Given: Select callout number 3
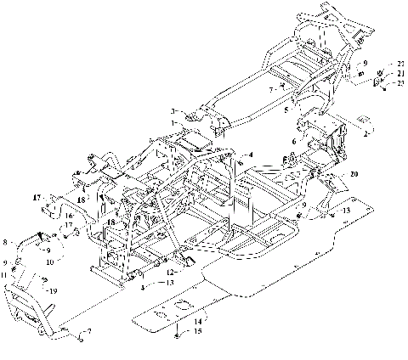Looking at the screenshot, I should coord(173,111).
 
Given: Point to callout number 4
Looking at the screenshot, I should coord(252,155).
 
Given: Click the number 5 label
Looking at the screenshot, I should coord(287,110).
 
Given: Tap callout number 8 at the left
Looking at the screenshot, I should coord(7,242).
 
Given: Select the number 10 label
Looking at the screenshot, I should coord(48,263).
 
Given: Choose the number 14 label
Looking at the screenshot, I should coord(197,322).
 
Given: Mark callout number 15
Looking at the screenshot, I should coord(197,333).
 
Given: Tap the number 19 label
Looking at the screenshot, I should coord(54,290).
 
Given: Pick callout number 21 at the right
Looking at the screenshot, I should coord(399,74).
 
